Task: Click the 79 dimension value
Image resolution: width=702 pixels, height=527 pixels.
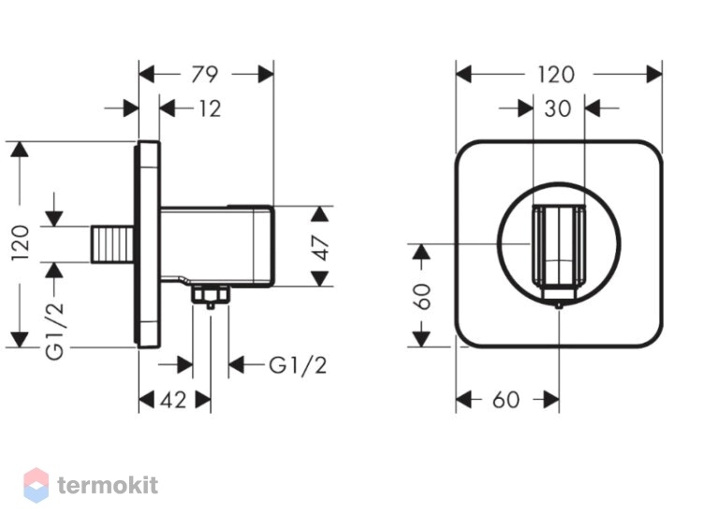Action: pos(205,74)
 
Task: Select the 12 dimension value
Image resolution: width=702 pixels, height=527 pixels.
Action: pos(210,109)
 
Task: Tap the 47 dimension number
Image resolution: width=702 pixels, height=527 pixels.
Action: pos(321,248)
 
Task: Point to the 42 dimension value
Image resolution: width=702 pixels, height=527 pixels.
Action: pos(173,400)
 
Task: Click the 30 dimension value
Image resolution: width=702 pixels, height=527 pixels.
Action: pos(558,109)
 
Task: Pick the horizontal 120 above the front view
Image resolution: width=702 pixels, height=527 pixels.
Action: pos(556,74)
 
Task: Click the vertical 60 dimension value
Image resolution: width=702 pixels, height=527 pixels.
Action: pos(422,297)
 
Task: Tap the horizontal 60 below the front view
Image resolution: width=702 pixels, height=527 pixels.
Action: pos(505,400)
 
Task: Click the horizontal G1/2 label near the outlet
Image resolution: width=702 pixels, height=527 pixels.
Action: pos(298,366)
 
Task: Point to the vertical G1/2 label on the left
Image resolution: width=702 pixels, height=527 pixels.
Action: pos(55,330)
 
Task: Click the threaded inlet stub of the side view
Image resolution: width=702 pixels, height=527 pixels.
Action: pos(113,244)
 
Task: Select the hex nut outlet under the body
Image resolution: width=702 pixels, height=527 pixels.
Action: pos(211,296)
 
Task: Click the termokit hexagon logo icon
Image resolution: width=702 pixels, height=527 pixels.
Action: pos(36,486)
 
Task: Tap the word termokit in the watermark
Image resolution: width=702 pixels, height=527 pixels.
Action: pos(108,486)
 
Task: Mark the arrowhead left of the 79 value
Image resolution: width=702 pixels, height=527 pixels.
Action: pos(146,74)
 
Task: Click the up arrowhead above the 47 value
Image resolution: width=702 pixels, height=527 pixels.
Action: pos(320,213)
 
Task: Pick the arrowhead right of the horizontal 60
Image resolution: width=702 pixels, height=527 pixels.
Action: pos(552,400)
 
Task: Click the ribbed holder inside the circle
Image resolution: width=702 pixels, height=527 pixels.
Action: pos(558,245)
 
